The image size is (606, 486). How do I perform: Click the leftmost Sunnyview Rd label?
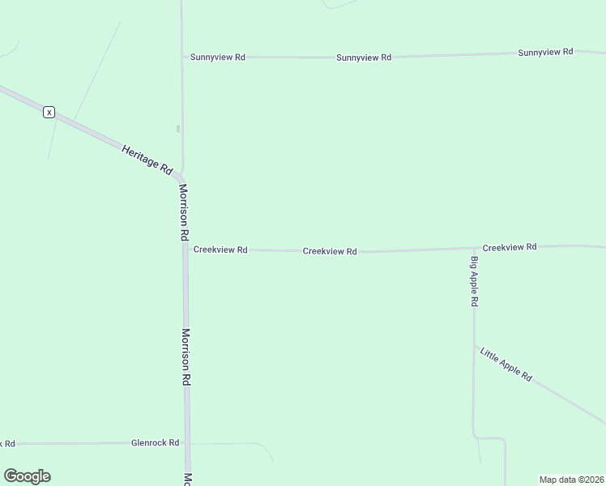pyautogui.click(x=217, y=58)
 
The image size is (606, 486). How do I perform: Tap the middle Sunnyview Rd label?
pyautogui.click(x=364, y=58)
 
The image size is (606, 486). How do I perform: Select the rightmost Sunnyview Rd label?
pyautogui.click(x=545, y=52)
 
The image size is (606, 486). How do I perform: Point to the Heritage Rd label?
pyautogui.click(x=147, y=160)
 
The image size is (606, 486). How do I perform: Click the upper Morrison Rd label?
pyautogui.click(x=184, y=212)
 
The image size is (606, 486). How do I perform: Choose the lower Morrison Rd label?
pyautogui.click(x=186, y=356)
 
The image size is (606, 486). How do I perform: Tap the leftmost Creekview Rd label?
pyautogui.click(x=220, y=250)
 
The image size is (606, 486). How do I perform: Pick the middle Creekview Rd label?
pyautogui.click(x=330, y=251)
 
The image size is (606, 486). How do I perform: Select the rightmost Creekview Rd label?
pyautogui.click(x=509, y=247)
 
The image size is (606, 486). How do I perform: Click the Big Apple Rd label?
pyautogui.click(x=475, y=281)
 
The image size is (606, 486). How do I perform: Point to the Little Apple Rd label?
pyautogui.click(x=506, y=364)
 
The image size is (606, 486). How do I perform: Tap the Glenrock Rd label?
pyautogui.click(x=155, y=443)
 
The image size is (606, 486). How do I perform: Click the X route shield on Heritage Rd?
pyautogui.click(x=49, y=112)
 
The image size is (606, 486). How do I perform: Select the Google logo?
pyautogui.click(x=27, y=476)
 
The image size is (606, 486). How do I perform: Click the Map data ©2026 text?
pyautogui.click(x=571, y=480)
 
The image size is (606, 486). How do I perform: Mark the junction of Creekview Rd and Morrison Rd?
pyautogui.click(x=186, y=249)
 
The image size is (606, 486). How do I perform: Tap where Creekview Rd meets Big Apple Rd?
pyautogui.click(x=474, y=248)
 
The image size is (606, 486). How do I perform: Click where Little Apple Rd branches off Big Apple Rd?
pyautogui.click(x=474, y=346)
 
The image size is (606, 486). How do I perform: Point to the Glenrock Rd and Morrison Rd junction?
pyautogui.click(x=186, y=443)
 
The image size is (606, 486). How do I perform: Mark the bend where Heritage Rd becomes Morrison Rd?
pyautogui.click(x=181, y=177)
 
